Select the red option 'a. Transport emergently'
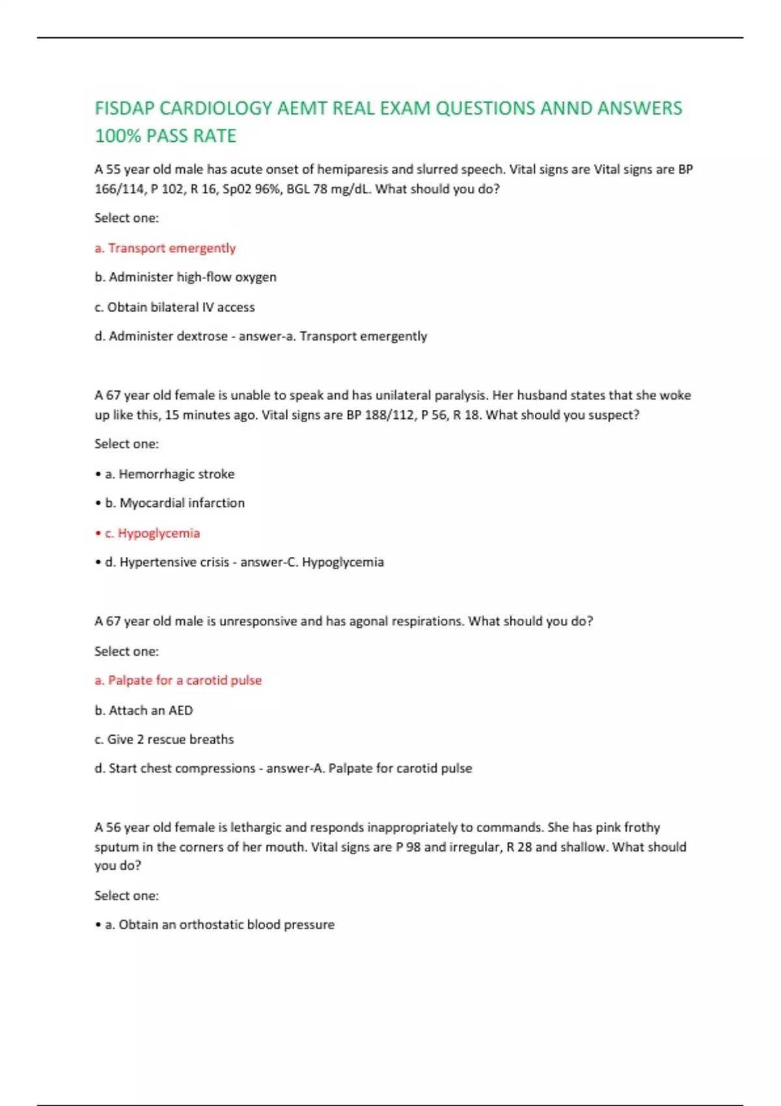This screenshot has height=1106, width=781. [165, 248]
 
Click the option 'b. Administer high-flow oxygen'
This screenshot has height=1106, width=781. [185, 277]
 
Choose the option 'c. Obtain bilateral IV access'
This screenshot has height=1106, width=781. [174, 307]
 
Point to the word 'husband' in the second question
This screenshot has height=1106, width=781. [541, 396]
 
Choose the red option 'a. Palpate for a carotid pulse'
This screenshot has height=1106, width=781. [178, 681]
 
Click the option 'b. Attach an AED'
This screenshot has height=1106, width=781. [144, 710]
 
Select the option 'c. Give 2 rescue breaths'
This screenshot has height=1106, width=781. [164, 740]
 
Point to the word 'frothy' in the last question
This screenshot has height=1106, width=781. [642, 828]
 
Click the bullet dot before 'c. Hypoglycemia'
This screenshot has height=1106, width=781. [98, 533]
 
